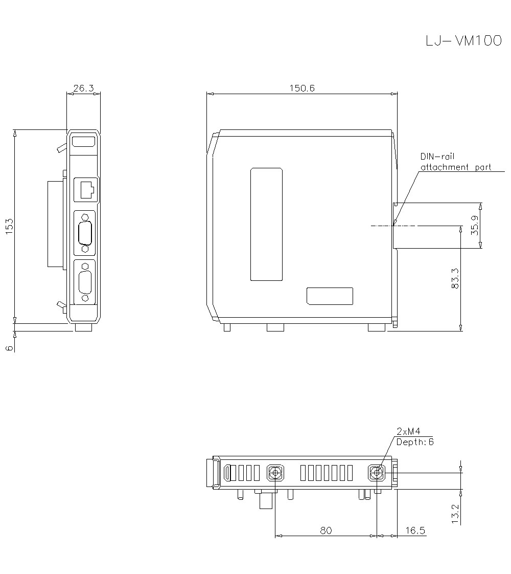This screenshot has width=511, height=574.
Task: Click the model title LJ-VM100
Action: click(x=463, y=41)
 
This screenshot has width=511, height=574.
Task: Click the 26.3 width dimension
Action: click(x=83, y=88)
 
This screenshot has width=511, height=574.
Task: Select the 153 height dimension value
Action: click(x=10, y=226)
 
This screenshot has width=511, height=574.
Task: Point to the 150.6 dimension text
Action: click(x=302, y=88)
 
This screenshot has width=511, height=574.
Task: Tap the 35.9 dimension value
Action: click(x=475, y=226)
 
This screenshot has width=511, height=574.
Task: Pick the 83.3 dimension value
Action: click(x=456, y=279)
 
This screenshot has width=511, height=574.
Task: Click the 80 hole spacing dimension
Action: click(x=326, y=531)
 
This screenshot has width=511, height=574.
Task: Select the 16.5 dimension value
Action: click(x=415, y=531)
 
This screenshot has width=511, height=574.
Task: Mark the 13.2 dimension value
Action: click(x=456, y=513)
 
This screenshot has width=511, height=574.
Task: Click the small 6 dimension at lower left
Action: click(x=10, y=348)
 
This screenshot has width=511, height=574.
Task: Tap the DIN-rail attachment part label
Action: click(x=455, y=162)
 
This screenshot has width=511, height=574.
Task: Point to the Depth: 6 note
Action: click(x=415, y=441)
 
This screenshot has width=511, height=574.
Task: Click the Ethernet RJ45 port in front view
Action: click(x=86, y=189)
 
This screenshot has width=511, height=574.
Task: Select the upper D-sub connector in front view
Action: click(x=85, y=233)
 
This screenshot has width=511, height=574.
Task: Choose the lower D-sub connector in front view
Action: click(x=85, y=282)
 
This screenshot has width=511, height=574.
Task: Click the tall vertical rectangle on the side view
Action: click(x=266, y=224)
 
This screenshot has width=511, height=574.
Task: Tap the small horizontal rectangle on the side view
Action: click(x=330, y=296)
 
